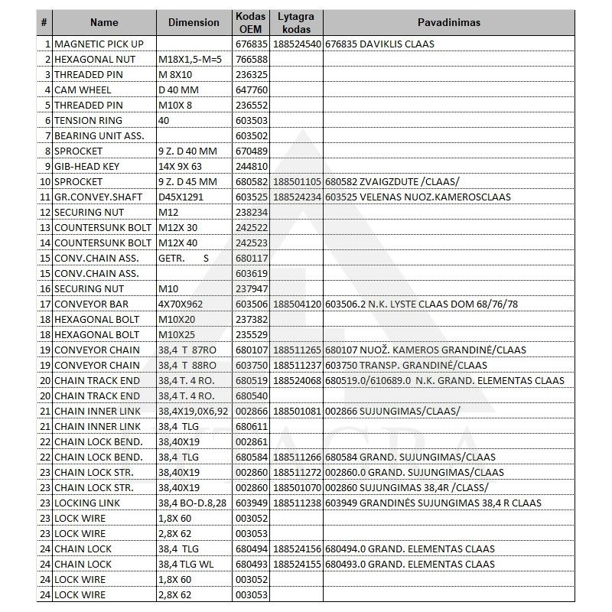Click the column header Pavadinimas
click(x=449, y=22)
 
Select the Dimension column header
click(x=193, y=22)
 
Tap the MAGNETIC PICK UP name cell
click(x=88, y=44)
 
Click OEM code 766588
click(x=251, y=59)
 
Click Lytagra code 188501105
click(x=297, y=181)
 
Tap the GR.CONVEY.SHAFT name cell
click(x=99, y=197)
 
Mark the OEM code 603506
click(x=251, y=304)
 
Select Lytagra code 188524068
click(x=297, y=380)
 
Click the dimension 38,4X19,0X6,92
click(x=193, y=411)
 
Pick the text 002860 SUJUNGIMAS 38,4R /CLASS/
click(x=406, y=487)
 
